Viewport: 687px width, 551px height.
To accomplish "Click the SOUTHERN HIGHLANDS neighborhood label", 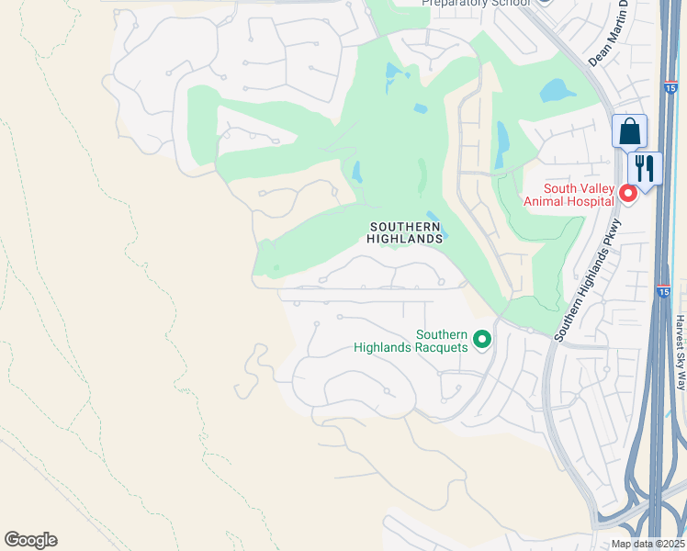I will pos(406,232).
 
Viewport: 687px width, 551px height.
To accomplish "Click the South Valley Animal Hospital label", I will pos(566,195).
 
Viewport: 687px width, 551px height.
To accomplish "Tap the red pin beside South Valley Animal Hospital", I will pos(628,193).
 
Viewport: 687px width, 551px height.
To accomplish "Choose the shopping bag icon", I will pos(629,131).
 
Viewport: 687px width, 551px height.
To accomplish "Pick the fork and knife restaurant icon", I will pos(645,169).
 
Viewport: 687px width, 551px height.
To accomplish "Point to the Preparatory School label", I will pos(476,4).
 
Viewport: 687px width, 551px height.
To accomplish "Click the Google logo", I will pos(30,540).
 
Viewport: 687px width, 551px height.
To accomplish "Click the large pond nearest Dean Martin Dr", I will pos(557,90).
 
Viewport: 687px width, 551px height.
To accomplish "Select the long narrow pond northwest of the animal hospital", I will pos(501,144).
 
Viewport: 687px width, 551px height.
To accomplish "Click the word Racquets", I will pos(441,347).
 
